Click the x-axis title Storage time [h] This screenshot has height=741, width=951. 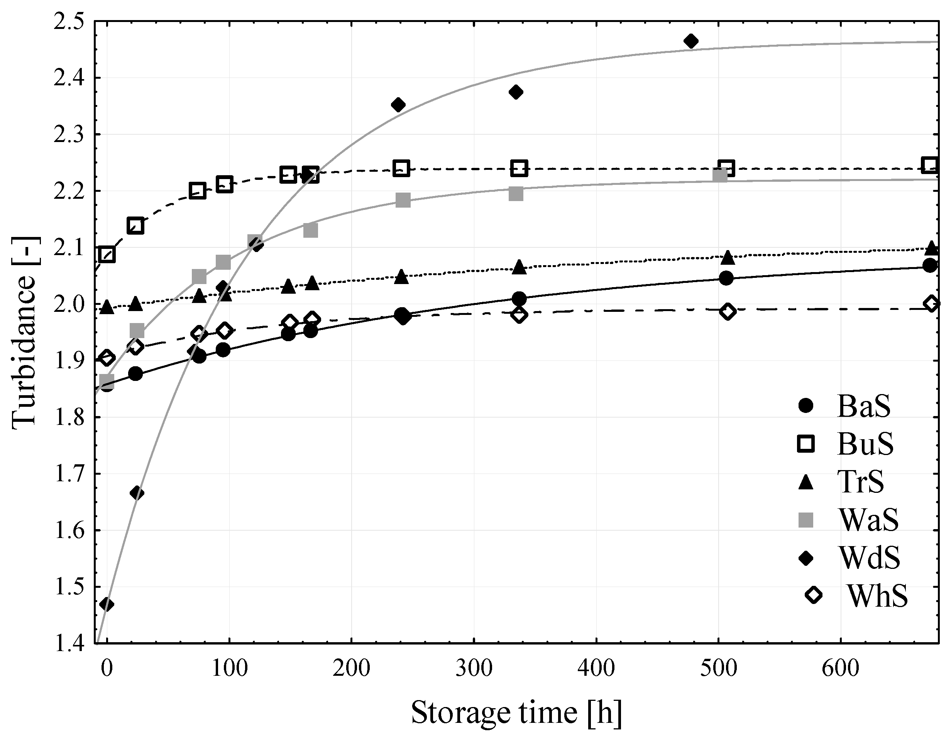coord(516,713)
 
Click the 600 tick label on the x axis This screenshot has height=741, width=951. coord(840,668)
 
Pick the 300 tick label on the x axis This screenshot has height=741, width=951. coord(474,668)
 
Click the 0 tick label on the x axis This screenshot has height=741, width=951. coord(106,668)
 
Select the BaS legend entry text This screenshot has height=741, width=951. coord(863,406)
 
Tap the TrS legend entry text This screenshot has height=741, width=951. coord(861,482)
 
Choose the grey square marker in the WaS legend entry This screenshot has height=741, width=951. coord(806,520)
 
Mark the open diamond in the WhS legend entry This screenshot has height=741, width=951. coord(813,595)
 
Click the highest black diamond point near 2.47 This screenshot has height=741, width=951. coord(690,41)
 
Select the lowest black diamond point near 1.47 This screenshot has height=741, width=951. coord(107,604)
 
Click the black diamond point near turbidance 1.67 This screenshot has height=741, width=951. coord(137,493)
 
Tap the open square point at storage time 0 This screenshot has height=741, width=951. coord(107,254)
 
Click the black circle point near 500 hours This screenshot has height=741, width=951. coord(726,278)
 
